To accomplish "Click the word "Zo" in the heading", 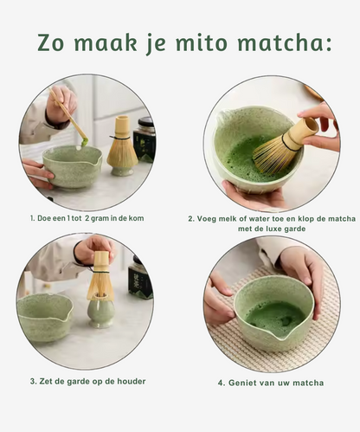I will (54, 43).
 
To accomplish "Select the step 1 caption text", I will (87, 218).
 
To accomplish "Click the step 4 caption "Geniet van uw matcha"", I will (271, 382).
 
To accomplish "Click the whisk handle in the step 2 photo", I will (302, 132).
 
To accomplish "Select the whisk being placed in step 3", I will (100, 277).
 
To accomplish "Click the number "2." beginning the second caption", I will (192, 219).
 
